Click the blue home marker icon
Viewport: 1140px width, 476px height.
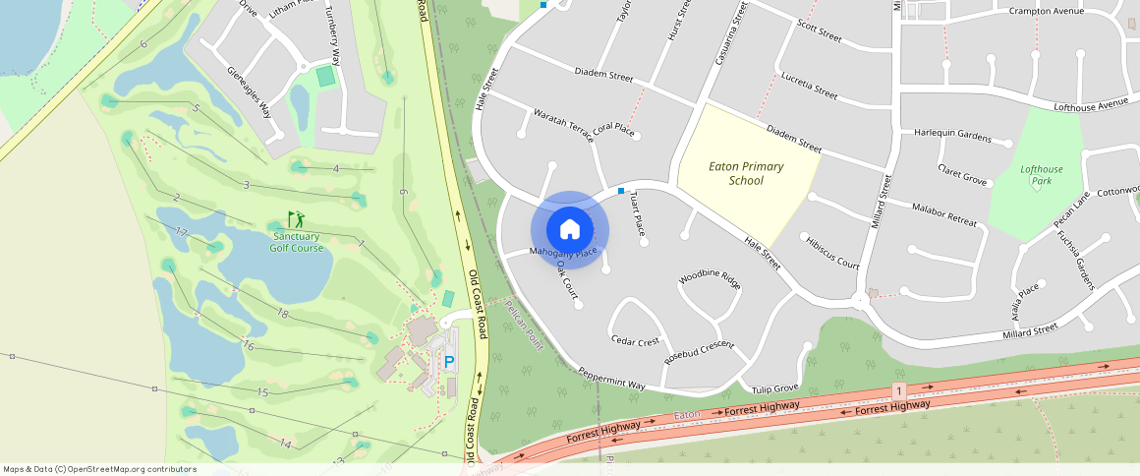click(x=570, y=230)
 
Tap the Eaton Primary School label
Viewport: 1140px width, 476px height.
click(x=747, y=173)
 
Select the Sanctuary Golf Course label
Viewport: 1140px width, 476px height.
click(x=296, y=242)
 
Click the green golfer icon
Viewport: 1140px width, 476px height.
click(x=296, y=219)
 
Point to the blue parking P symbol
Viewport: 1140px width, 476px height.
click(x=450, y=362)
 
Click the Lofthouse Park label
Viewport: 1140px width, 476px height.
click(x=1041, y=175)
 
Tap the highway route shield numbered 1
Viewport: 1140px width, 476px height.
click(x=898, y=391)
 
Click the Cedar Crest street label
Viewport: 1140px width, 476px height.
click(x=634, y=341)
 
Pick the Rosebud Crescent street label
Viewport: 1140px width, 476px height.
click(x=699, y=351)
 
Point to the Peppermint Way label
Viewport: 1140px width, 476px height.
click(x=611, y=379)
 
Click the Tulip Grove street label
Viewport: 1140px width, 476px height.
click(x=773, y=387)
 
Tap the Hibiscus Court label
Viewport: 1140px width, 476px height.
click(x=831, y=253)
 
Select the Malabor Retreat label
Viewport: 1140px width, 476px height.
click(x=945, y=215)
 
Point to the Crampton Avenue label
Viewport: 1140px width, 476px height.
click(x=1047, y=11)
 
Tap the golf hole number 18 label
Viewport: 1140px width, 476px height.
click(x=282, y=314)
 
